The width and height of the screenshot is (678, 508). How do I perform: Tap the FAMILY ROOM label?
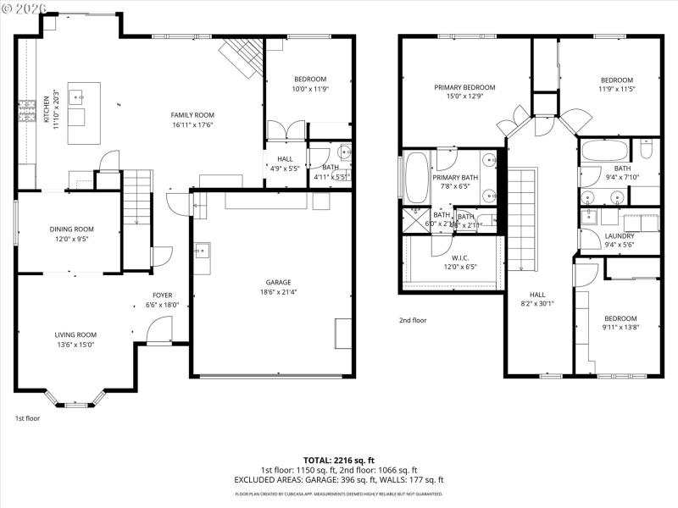(x=192, y=115)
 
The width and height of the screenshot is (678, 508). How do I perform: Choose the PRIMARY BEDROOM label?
(x=464, y=87)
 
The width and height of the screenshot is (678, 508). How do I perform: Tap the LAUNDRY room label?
(x=620, y=236)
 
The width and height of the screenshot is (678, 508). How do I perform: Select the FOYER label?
(x=162, y=295)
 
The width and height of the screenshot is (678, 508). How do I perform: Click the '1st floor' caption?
(x=26, y=417)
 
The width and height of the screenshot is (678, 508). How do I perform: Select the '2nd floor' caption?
(x=413, y=320)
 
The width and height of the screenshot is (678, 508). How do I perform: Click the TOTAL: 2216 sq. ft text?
(x=339, y=460)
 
